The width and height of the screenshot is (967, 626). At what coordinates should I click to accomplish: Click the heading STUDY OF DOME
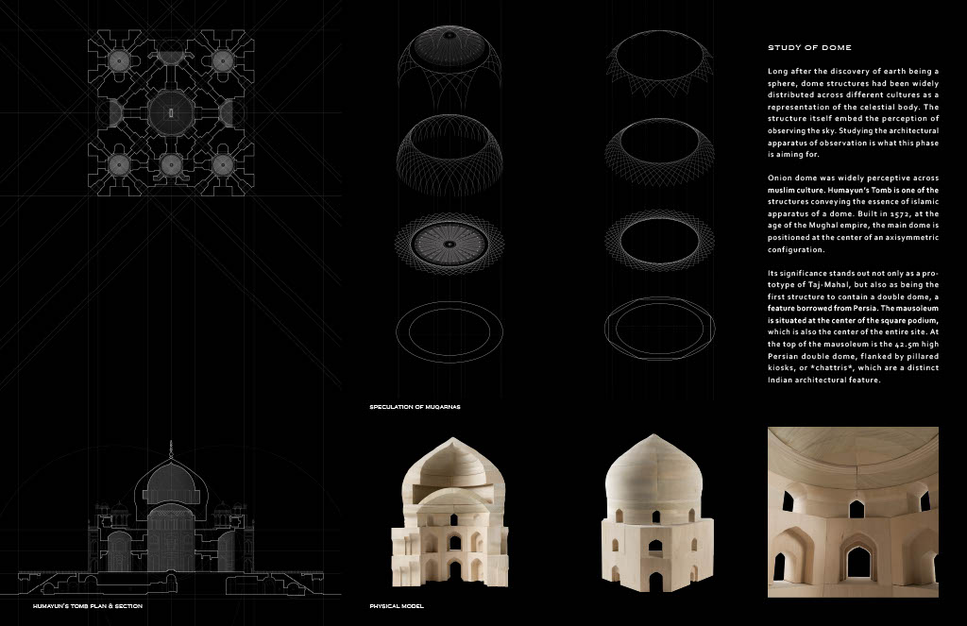coord(809,47)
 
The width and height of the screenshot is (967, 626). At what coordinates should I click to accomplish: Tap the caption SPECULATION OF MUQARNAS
coord(415,407)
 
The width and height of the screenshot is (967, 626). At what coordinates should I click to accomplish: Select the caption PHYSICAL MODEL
coord(397,606)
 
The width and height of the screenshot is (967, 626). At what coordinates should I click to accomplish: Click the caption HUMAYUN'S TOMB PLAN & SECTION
coord(88,606)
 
